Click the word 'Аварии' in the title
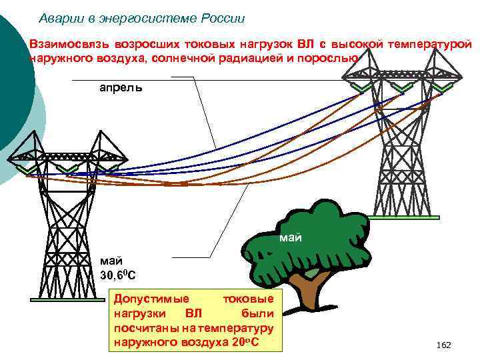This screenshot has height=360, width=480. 57,18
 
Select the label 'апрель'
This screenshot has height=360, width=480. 121,87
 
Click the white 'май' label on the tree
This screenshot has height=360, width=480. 291,237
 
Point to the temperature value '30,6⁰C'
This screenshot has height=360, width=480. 118,274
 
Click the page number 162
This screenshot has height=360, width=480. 443,345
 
